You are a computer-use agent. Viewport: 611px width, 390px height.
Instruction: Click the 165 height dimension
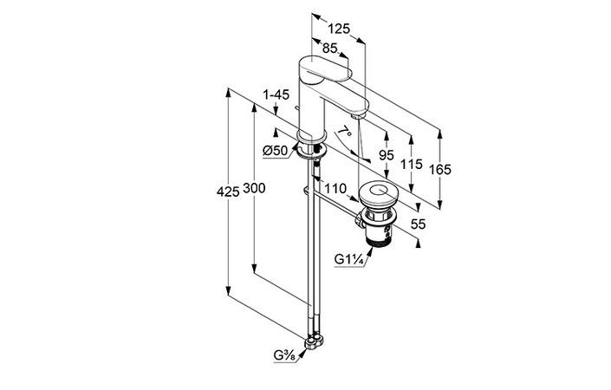coord(440,171)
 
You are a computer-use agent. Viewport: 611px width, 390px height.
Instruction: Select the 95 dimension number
coord(387,156)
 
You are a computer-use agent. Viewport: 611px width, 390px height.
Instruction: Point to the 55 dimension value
coord(418,224)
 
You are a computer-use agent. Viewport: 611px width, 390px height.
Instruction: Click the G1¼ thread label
coord(348,257)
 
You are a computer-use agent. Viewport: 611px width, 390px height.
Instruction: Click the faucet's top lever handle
coord(325,67)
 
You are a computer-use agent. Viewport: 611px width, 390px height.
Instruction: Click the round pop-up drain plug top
coord(378,192)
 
